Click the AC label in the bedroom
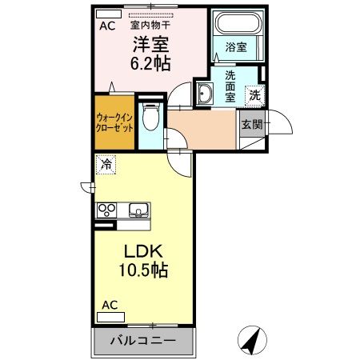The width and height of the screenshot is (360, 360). [106, 26]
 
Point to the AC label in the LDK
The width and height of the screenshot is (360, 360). [110, 304]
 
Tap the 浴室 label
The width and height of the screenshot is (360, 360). [235, 47]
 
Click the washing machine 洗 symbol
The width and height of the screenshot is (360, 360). [254, 93]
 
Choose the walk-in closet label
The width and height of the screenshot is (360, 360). [114, 124]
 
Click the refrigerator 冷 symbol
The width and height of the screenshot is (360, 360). [105, 166]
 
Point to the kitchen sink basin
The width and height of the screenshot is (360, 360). [138, 210]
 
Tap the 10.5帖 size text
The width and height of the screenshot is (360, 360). [144, 271]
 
